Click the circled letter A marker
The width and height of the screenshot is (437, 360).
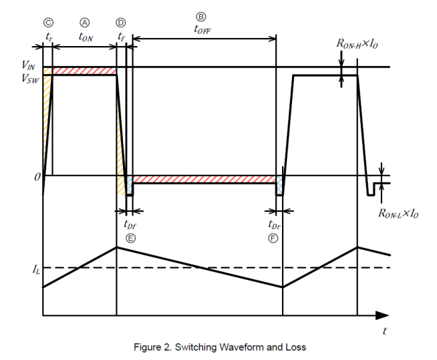click(x=85, y=21)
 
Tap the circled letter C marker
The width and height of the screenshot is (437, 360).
click(x=48, y=21)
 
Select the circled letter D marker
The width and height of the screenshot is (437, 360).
click(x=120, y=21)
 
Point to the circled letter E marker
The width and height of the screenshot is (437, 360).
click(x=130, y=238)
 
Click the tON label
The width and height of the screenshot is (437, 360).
click(x=85, y=37)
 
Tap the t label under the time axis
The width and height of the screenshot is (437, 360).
click(x=386, y=331)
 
